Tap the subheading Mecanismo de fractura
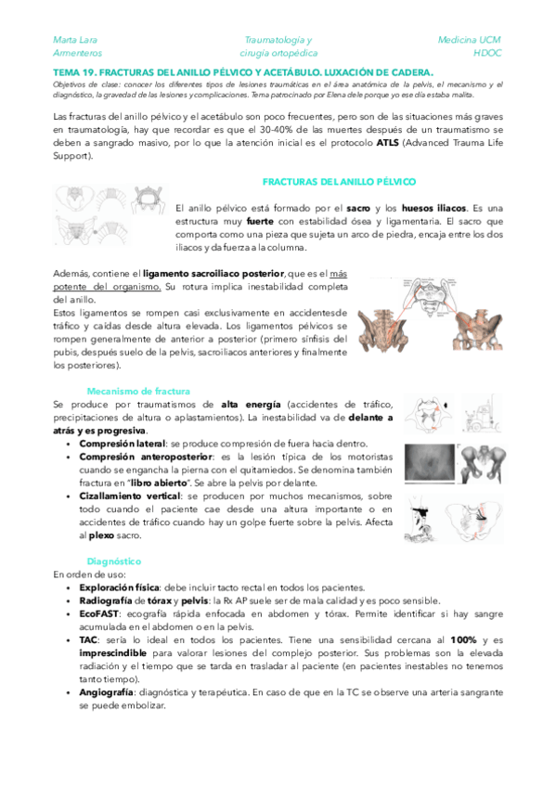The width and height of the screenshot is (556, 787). point(138,392)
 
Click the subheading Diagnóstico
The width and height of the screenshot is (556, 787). point(113,561)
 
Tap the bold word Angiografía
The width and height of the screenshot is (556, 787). point(109,692)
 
